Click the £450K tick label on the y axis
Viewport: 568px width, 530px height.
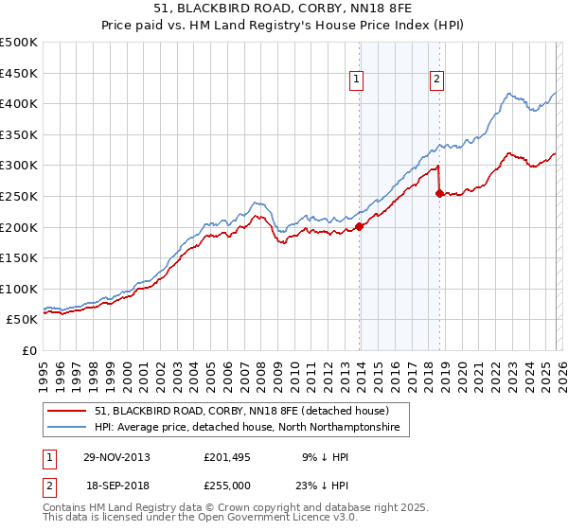19,73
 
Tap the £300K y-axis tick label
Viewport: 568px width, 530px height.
19,166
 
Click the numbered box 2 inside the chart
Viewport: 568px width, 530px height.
437,80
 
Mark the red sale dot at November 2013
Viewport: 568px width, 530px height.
360,226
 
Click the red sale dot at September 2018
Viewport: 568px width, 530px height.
439,193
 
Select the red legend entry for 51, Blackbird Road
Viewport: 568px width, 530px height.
241,412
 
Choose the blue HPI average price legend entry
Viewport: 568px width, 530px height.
247,428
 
